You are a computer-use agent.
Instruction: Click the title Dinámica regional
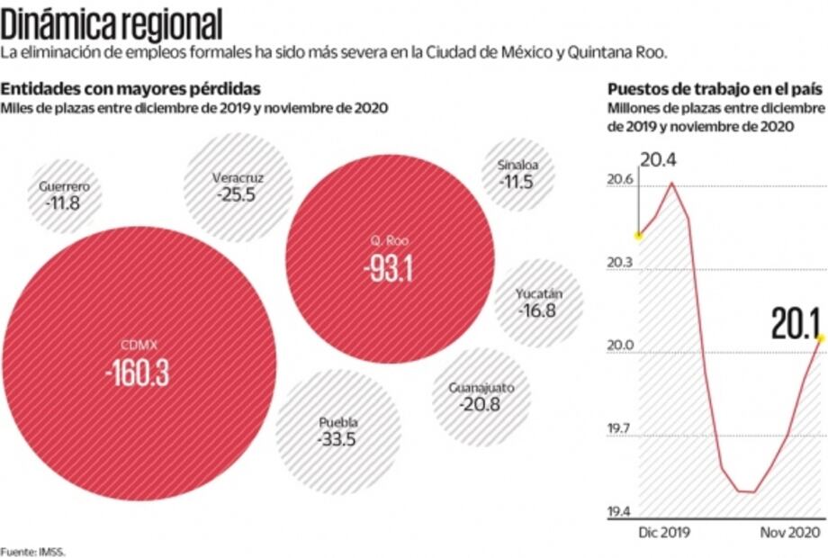[x=112, y=22]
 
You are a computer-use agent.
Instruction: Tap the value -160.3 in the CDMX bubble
[x=137, y=373]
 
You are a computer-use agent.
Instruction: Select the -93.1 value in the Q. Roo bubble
[x=389, y=269]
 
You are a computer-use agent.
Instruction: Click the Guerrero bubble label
[x=63, y=187]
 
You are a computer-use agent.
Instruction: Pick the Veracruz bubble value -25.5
[x=237, y=193]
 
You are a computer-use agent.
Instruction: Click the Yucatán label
[x=538, y=294]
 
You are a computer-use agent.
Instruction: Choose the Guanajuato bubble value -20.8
[x=481, y=405]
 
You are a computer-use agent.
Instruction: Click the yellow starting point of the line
[x=638, y=236]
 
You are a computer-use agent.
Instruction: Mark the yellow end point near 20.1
[x=821, y=337]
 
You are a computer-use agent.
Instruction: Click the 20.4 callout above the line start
[x=660, y=161]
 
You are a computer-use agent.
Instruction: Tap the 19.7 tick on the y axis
[x=619, y=429]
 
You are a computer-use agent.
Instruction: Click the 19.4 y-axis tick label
[x=619, y=512]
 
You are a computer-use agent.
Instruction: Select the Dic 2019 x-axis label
[x=664, y=533]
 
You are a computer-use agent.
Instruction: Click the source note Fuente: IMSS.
[x=32, y=551]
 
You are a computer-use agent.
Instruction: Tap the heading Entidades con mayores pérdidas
[x=131, y=89]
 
